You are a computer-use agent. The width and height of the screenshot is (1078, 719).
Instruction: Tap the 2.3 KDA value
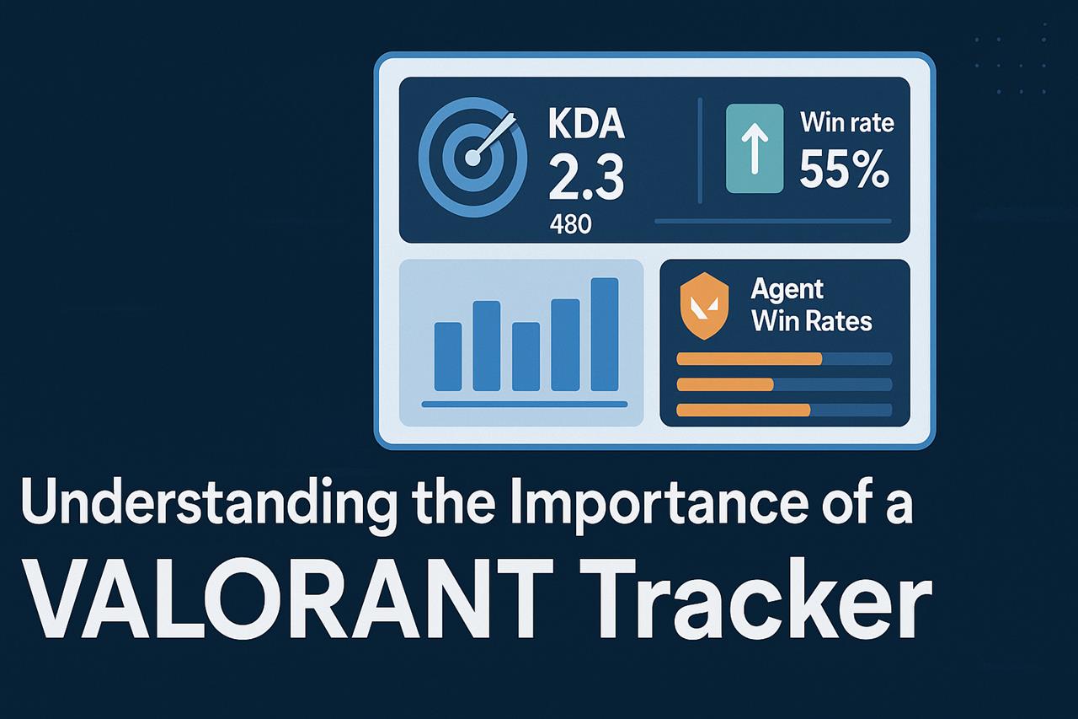[x=585, y=177]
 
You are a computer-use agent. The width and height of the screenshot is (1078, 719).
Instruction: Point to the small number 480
[x=570, y=225]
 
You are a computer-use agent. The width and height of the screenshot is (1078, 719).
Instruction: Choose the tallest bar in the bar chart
[x=605, y=334]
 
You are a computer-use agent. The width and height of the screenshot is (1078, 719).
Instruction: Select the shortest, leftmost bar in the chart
[x=447, y=357]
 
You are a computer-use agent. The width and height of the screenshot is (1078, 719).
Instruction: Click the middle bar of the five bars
[x=526, y=357]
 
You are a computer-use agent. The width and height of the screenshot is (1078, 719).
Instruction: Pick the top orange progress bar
[x=749, y=358]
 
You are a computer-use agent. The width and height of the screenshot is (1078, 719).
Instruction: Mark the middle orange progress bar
[x=725, y=384]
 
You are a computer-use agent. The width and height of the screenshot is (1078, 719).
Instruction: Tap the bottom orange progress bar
[x=743, y=410]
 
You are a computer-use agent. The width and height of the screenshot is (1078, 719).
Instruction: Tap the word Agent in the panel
[x=786, y=291]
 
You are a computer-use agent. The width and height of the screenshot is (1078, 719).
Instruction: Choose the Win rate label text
[x=846, y=123]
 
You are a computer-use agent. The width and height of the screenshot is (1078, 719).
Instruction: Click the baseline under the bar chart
[x=524, y=405]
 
